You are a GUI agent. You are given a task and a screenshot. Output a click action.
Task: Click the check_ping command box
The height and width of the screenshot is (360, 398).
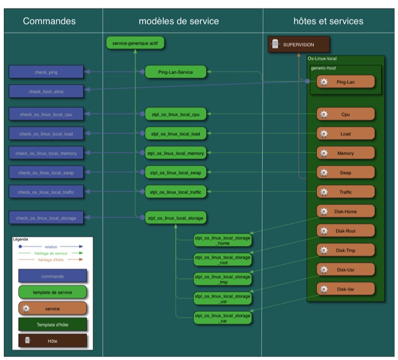pos(46,72)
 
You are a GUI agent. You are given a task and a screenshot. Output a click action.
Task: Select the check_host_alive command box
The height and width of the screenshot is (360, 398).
pos(46,91)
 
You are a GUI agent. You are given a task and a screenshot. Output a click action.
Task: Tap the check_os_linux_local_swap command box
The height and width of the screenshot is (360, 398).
pos(46,173)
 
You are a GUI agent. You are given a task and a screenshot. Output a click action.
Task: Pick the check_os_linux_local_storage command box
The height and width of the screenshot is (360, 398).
pos(46,217)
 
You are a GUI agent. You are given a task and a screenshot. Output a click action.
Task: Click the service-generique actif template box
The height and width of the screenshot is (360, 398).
pos(135,44)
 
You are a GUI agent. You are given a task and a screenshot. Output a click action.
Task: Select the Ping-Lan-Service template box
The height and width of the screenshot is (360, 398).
pos(176,72)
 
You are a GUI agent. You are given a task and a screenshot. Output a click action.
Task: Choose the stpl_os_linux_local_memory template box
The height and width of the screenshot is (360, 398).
pos(176,153)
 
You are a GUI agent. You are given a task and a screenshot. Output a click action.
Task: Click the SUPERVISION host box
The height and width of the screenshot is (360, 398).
pos(298,44)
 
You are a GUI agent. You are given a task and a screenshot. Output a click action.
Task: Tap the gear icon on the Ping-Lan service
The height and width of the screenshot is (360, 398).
pos(324,82)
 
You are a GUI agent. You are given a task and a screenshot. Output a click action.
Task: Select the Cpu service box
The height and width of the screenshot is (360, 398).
pos(345,114)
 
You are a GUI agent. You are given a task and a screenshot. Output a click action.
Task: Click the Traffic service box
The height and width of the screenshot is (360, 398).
pos(345,192)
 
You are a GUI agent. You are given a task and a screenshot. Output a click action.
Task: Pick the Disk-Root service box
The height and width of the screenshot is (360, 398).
pos(345,231)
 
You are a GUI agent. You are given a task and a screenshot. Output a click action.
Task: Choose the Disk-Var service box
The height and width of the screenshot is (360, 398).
pos(345,289)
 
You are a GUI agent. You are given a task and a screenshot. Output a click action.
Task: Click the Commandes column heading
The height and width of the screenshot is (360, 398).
pos(50,21)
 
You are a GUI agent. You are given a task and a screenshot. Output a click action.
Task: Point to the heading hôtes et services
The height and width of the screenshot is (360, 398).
pos(328,21)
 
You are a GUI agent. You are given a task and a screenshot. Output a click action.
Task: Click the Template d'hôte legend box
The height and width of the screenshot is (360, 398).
pos(52,325)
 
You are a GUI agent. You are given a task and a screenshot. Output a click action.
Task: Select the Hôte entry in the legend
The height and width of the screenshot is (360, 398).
pos(52,341)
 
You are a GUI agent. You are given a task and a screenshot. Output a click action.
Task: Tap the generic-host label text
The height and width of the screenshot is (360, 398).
pos(323,68)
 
